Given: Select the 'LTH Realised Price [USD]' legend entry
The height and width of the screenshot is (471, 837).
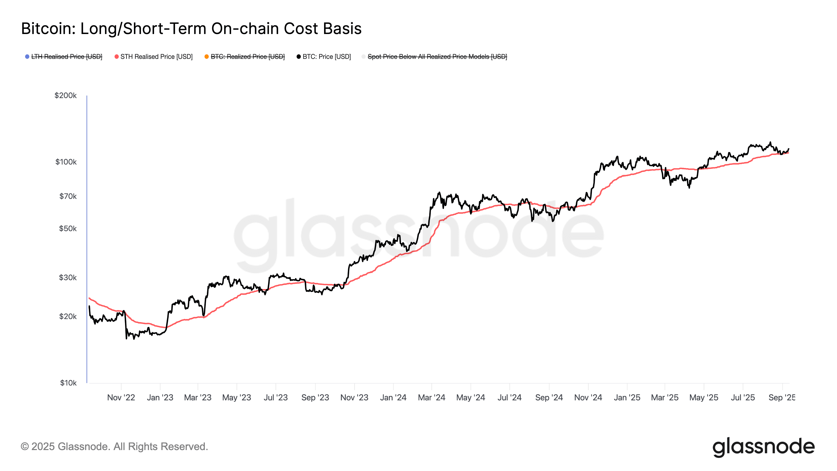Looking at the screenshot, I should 67,57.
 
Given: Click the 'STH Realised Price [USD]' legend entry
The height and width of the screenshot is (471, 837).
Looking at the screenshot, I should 156,57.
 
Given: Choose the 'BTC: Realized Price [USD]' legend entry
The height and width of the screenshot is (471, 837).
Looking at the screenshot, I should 248,57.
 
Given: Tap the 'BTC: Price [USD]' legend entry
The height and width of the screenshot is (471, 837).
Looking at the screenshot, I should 326,57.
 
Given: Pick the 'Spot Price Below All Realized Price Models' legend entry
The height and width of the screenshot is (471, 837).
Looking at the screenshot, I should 437,57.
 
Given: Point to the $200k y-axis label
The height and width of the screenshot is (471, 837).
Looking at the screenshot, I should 66,96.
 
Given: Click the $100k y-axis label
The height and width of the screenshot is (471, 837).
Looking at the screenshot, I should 66,162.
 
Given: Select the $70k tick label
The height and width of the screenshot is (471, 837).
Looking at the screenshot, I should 68,196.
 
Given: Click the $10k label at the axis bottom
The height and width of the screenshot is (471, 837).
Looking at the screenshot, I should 68,383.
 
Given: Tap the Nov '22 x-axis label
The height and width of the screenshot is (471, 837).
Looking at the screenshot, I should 121,397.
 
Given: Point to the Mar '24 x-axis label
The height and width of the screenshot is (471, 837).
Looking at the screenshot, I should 432,397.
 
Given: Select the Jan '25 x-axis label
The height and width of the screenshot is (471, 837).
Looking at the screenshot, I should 627,397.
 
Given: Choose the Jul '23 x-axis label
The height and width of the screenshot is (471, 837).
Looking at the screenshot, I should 275,397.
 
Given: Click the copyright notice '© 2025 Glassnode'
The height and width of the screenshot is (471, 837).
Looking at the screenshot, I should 114,447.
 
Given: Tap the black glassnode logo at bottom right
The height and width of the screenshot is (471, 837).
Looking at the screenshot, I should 764,447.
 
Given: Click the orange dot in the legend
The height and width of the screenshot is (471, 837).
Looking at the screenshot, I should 207,57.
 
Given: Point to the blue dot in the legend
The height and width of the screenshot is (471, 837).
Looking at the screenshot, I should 27,57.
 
